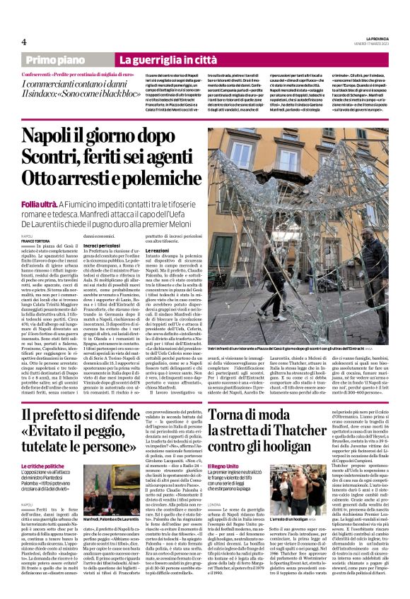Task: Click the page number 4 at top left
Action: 23,42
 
